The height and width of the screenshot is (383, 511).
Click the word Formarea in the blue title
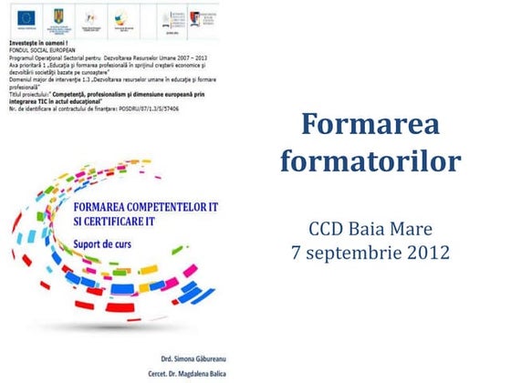point(370,124)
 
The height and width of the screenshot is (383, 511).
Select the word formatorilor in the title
point(370,162)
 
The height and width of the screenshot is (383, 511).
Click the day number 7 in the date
point(297,250)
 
